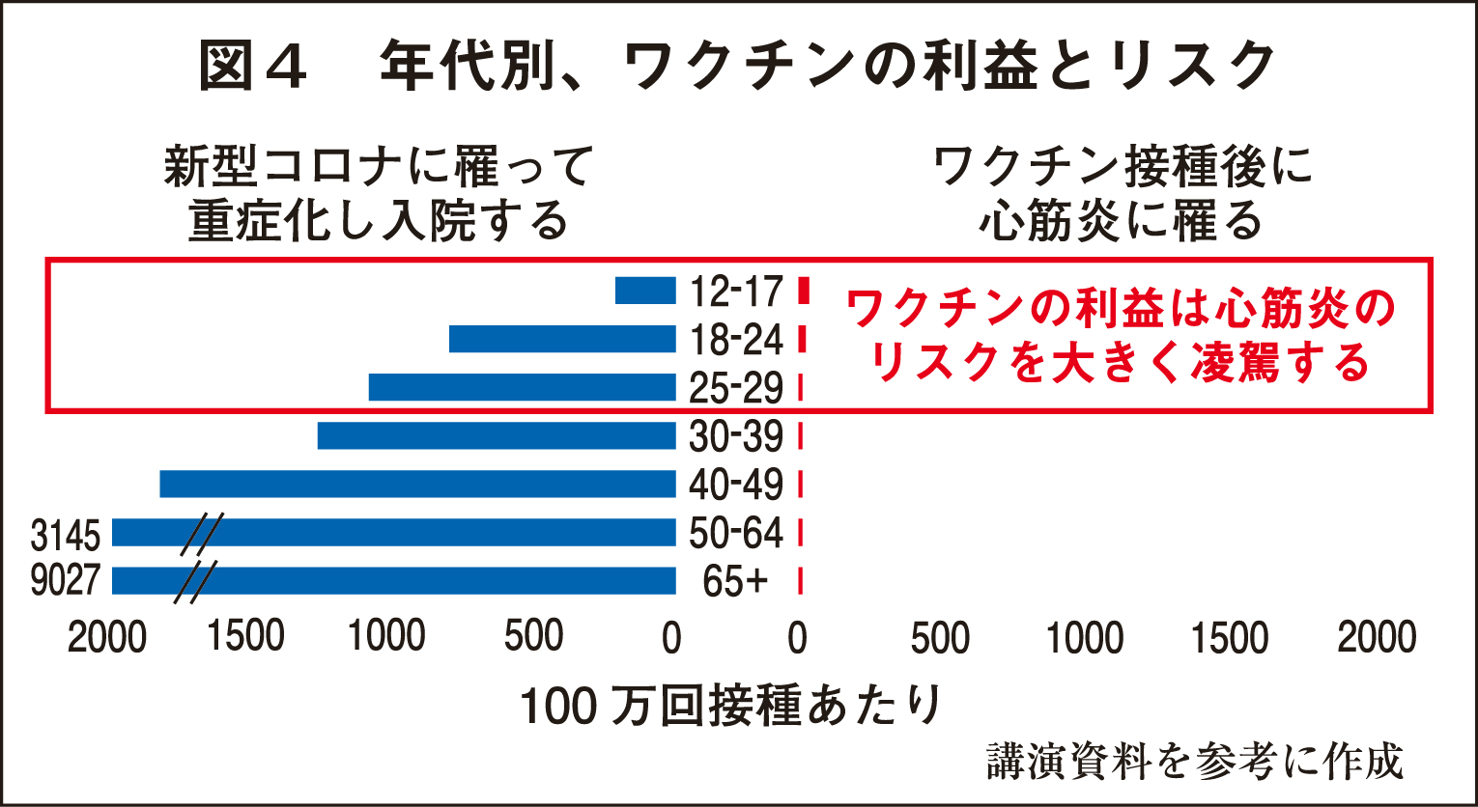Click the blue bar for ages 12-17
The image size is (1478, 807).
pyautogui.click(x=645, y=291)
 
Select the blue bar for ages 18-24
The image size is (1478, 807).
pyautogui.click(x=562, y=339)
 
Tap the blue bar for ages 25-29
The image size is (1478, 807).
pyautogui.click(x=522, y=387)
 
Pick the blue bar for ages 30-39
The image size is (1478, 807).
pyautogui.click(x=497, y=435)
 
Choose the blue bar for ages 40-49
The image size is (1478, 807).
pyautogui.click(x=417, y=484)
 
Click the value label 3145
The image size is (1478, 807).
pyautogui.click(x=66, y=534)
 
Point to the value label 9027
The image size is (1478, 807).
pyautogui.click(x=66, y=580)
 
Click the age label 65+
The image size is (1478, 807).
pyautogui.click(x=735, y=582)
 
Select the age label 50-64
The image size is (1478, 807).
pyautogui.click(x=735, y=533)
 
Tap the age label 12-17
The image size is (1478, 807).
pyautogui.click(x=735, y=291)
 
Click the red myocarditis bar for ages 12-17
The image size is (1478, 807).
pyautogui.click(x=803, y=291)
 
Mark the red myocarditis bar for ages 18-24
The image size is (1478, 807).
pyautogui.click(x=802, y=339)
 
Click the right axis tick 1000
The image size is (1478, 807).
pyautogui.click(x=1085, y=638)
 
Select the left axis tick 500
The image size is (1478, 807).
pyautogui.click(x=533, y=637)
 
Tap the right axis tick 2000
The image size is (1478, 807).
pyautogui.click(x=1376, y=638)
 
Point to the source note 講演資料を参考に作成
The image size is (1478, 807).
pyautogui.click(x=1194, y=762)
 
